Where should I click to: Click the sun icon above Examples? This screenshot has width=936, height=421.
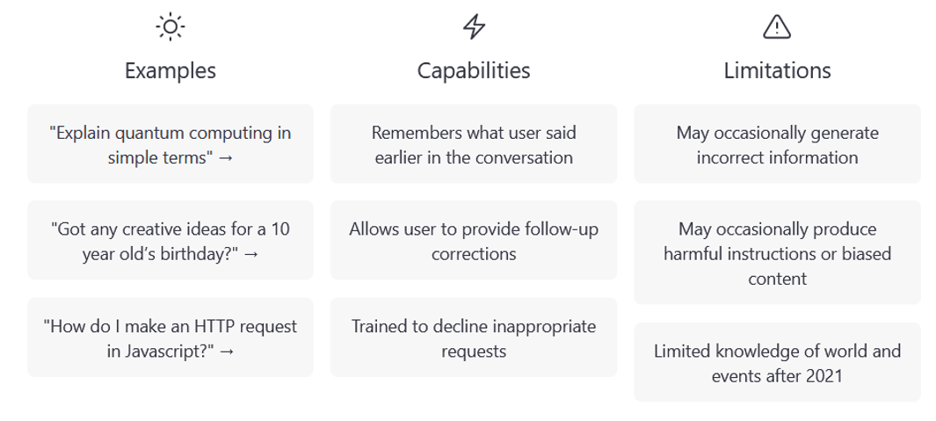pos(171,27)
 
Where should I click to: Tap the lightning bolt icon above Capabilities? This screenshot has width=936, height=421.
pos(474,27)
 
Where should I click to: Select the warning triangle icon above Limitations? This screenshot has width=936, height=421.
pos(777,27)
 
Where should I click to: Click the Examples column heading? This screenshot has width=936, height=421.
pos(171,70)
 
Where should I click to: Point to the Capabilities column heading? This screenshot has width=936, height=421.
pos(474,70)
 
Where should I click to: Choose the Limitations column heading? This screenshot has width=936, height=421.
pos(777,70)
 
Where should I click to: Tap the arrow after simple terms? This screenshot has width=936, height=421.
pos(225,158)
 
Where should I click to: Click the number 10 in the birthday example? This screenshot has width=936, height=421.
pos(280,229)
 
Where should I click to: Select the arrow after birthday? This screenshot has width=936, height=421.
pos(251,254)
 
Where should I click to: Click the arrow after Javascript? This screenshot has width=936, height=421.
pos(227,352)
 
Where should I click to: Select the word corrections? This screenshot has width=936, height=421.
pos(474,254)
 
